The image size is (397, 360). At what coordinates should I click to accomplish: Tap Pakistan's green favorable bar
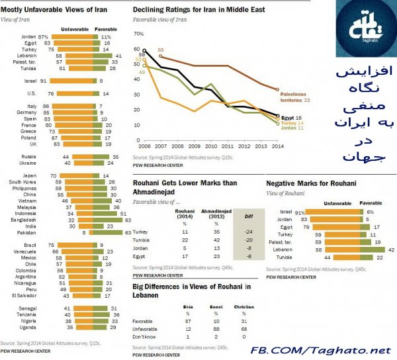[111, 232]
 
